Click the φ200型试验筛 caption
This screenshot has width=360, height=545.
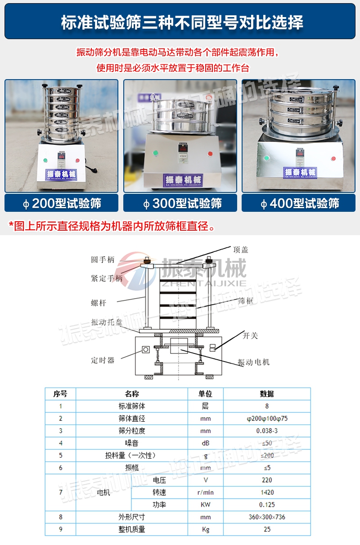pos(62,203)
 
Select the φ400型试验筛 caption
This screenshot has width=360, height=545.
pos(300,203)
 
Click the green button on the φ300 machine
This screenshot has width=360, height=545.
pos(155,153)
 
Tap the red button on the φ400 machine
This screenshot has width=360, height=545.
pos(333,158)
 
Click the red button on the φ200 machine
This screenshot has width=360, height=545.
pos(77,161)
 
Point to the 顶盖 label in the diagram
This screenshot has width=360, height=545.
pos(241,250)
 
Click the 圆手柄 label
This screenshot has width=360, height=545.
pos(103,260)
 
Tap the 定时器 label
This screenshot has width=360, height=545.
pos(103,360)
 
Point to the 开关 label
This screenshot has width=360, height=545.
pos(251,335)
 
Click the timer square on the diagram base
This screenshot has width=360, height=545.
pos(146,349)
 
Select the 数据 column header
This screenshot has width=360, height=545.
pos(267,394)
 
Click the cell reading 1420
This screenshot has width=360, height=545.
pos(267,492)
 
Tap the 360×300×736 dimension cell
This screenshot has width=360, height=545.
pos(267,517)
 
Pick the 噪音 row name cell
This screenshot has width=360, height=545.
pos(131,443)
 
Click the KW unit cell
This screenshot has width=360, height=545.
pos(205,505)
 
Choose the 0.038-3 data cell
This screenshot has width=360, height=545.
pos(267,431)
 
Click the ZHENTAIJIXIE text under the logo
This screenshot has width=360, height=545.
pos(204,283)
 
